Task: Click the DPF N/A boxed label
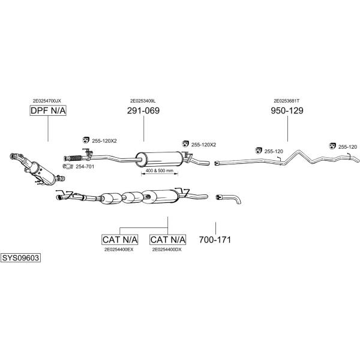48,110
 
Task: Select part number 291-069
143,110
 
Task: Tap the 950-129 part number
287,110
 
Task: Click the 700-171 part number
215,239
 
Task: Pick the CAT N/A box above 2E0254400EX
120,239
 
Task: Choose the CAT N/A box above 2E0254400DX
167,239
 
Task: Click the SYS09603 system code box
20,258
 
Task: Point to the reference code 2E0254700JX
47,101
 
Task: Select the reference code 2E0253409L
143,101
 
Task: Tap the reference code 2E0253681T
286,101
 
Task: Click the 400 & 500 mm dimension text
160,171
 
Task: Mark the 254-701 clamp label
85,167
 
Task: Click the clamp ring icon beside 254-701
68,166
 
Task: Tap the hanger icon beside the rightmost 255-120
332,146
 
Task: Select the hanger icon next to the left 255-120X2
86,140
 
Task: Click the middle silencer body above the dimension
160,159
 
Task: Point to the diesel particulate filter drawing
37,169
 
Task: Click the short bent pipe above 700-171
229,199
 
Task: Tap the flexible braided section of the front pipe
76,158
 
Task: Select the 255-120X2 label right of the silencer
203,145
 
